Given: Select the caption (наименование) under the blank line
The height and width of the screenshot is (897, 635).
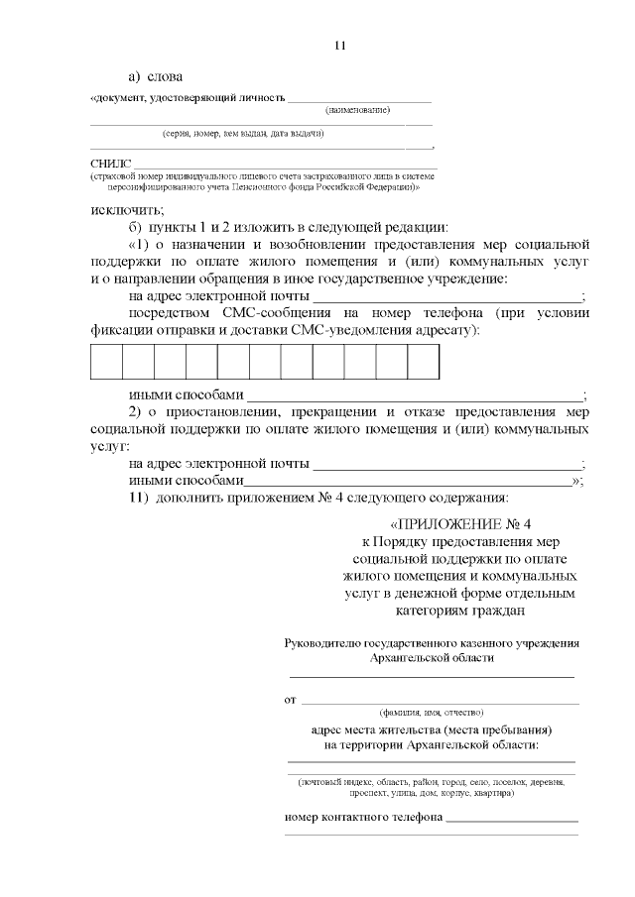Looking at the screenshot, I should [x=357, y=110].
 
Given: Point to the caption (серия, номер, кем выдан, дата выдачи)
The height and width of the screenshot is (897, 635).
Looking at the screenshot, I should [x=244, y=133].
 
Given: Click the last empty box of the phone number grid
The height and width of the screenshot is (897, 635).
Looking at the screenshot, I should [x=423, y=362].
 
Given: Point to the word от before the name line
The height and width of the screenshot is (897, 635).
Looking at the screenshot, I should [x=291, y=700].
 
